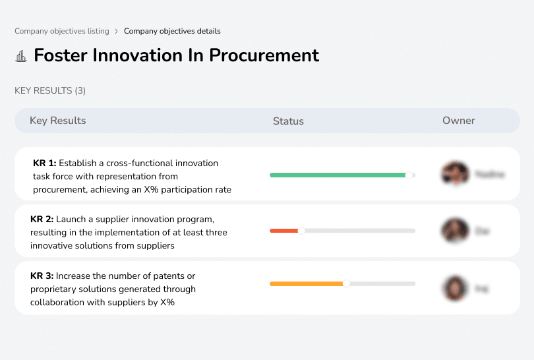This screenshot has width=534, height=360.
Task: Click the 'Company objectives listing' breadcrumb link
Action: pyautogui.click(x=62, y=31)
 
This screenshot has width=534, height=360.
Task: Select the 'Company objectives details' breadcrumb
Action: pyautogui.click(x=172, y=31)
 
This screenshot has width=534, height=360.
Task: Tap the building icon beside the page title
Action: pyautogui.click(x=21, y=56)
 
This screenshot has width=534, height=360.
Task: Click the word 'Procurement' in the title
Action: pyautogui.click(x=264, y=55)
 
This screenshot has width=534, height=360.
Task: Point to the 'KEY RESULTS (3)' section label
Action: pyautogui.click(x=50, y=90)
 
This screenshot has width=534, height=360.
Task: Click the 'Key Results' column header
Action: pyautogui.click(x=57, y=121)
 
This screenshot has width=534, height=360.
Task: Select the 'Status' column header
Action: pyautogui.click(x=288, y=121)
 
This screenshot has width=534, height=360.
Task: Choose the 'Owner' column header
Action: pyautogui.click(x=459, y=121)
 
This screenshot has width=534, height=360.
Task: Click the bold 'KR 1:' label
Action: pyautogui.click(x=45, y=163)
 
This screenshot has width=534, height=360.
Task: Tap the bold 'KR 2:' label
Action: pyautogui.click(x=42, y=218)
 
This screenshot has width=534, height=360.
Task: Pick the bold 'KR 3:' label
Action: pyautogui.click(x=42, y=276)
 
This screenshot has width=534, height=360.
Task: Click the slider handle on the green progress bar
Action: pyautogui.click(x=409, y=175)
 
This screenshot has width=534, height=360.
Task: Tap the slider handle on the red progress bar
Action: pyautogui.click(x=301, y=231)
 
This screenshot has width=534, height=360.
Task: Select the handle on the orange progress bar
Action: pyautogui.click(x=346, y=284)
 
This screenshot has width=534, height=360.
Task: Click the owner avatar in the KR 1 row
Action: pyautogui.click(x=455, y=174)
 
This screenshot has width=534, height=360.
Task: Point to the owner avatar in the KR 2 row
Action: pyautogui.click(x=455, y=231)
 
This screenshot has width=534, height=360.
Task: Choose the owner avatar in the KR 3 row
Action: pyautogui.click(x=455, y=288)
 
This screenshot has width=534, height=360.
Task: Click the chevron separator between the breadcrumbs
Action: pyautogui.click(x=116, y=31)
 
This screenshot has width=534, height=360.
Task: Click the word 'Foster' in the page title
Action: pyautogui.click(x=61, y=55)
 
